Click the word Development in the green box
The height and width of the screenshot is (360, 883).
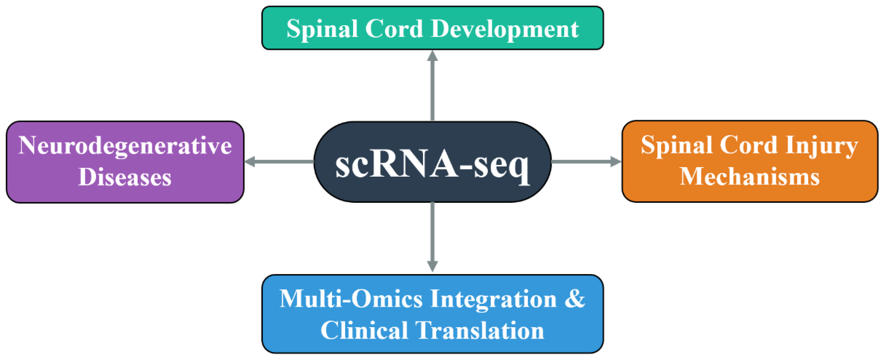click(505, 29)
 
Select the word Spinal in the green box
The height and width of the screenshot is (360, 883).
click(322, 29)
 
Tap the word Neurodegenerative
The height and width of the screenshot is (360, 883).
click(125, 146)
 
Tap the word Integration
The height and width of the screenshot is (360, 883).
click(493, 299)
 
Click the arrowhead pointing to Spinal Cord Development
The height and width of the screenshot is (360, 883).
click(432, 56)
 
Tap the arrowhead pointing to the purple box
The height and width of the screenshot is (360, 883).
click(250, 161)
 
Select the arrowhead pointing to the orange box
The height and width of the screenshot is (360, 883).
click(616, 161)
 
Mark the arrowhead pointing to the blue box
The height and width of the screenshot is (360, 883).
click(432, 266)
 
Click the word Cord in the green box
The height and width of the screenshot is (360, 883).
click(394, 29)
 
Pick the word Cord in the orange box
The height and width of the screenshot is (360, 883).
click(748, 146)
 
